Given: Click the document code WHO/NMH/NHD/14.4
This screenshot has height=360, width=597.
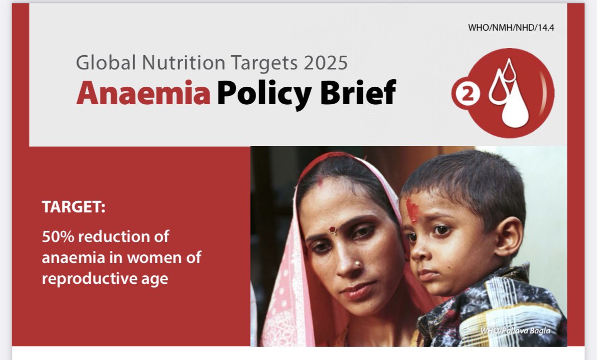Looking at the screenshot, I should tap(511, 28).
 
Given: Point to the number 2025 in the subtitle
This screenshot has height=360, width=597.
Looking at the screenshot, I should tap(325, 62).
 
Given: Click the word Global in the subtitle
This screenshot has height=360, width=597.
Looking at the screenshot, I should tap(106, 62).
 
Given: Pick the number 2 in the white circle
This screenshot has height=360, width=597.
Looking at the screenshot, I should tap(465, 95).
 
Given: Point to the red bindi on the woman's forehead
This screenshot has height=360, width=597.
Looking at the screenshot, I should tap(333, 230).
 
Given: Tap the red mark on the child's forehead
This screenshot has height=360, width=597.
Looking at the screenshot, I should tap(412, 210).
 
